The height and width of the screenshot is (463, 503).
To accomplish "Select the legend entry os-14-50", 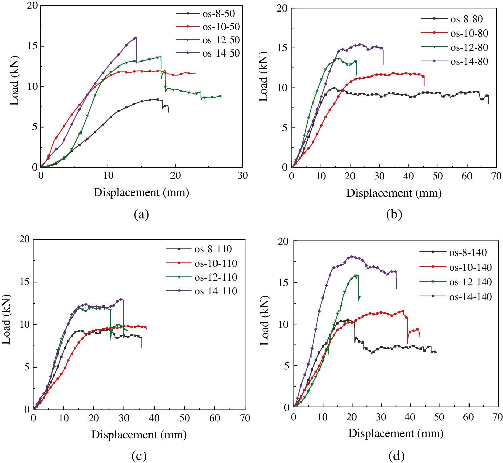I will (x=221, y=53).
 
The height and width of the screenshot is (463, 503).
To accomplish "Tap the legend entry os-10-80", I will (x=469, y=33).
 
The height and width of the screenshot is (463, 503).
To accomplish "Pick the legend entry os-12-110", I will (x=216, y=277).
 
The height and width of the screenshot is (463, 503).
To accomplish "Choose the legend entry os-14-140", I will (x=470, y=297).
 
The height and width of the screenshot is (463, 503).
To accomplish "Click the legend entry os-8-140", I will (x=468, y=252).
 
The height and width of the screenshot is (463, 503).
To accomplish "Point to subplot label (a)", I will (x=141, y=214).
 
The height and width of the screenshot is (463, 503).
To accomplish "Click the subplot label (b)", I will (x=394, y=214).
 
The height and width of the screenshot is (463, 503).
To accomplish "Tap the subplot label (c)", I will (x=139, y=456).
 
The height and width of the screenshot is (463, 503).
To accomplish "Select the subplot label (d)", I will (x=396, y=456).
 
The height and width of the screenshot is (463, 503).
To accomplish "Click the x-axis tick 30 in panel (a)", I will (x=243, y=175).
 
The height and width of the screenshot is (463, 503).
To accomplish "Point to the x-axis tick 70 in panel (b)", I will (x=497, y=176).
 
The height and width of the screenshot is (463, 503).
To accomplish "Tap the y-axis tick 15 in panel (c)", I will (x=25, y=282).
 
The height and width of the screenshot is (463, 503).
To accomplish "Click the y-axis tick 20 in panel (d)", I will (x=283, y=241).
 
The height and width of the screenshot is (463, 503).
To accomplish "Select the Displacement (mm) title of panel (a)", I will (x=141, y=192).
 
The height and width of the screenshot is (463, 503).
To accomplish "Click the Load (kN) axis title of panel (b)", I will (x=263, y=76).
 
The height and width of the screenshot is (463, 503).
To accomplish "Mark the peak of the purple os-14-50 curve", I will (x=136, y=37).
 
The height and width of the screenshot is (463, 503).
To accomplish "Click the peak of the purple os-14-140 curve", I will (x=352, y=256).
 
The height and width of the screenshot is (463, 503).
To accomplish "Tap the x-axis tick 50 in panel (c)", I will (x=185, y=418).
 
